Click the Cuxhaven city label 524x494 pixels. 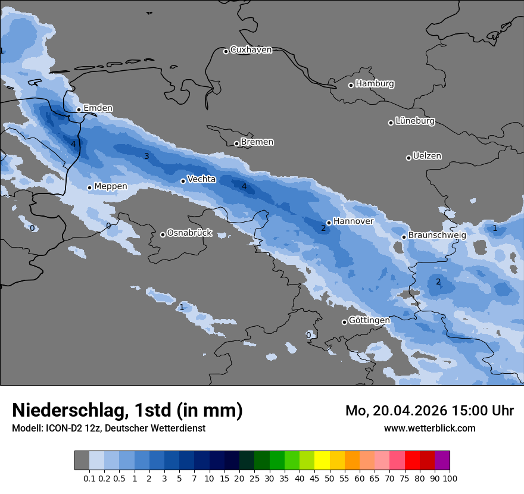[251, 50]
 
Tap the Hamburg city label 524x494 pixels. [375, 84]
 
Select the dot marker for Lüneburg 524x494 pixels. [391, 123]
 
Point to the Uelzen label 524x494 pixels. [427, 157]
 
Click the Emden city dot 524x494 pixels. [79, 110]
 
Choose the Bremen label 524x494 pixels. [257, 142]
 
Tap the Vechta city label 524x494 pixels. [201, 179]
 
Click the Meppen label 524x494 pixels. [111, 187]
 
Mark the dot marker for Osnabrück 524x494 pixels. [163, 235]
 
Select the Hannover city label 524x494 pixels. [353, 221]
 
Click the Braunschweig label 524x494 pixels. [437, 236]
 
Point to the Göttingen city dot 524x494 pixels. [344, 322]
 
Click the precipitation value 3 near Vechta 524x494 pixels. [146, 157]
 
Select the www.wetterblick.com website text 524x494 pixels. [429, 429]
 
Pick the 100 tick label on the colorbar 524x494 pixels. [450, 479]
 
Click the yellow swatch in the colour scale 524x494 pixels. [322, 460]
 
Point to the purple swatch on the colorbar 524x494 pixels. [442, 460]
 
